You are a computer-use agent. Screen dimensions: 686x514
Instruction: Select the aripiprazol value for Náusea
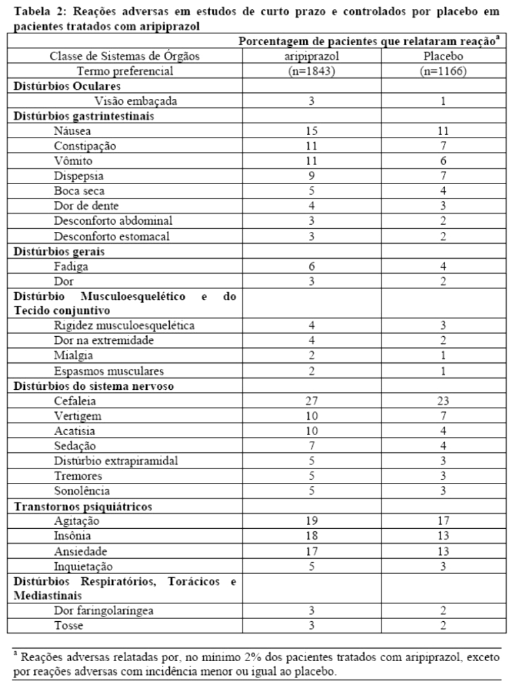311,131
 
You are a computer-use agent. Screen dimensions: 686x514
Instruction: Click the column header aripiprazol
311,56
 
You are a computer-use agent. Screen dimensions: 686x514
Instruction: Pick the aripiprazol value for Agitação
311,521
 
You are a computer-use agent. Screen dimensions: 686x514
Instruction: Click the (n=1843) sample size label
311,71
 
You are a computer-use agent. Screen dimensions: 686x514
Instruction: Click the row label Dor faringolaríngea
103,610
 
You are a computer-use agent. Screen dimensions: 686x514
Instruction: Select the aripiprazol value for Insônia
311,536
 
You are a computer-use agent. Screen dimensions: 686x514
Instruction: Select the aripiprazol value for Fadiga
311,265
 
